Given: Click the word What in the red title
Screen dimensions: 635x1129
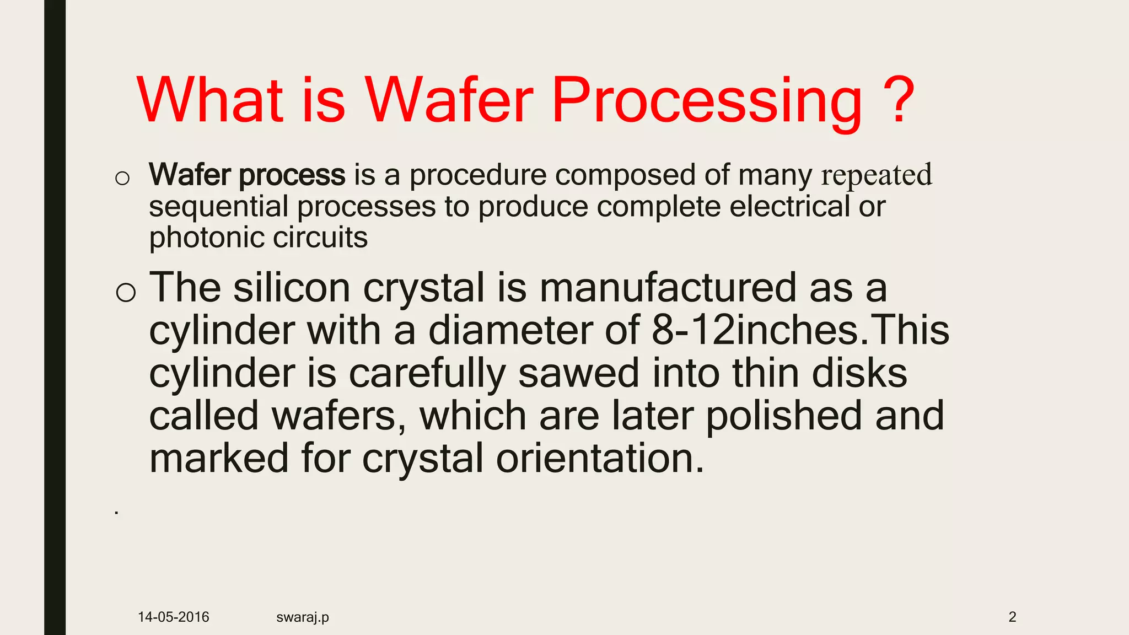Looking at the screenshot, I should [210, 100].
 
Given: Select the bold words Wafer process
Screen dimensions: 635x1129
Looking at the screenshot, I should [247, 175].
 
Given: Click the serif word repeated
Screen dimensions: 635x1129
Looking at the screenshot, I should [877, 175].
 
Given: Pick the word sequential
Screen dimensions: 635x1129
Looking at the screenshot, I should [218, 207].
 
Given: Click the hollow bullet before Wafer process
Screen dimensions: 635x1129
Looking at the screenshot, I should [122, 177].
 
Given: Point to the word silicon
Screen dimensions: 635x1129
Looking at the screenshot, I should [292, 288].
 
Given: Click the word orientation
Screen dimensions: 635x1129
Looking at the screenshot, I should [600, 459].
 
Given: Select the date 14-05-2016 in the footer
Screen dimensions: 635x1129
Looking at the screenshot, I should [174, 617].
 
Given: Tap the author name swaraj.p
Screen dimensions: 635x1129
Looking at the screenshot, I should [303, 617].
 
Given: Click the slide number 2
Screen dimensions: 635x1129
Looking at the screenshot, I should [1012, 617].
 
